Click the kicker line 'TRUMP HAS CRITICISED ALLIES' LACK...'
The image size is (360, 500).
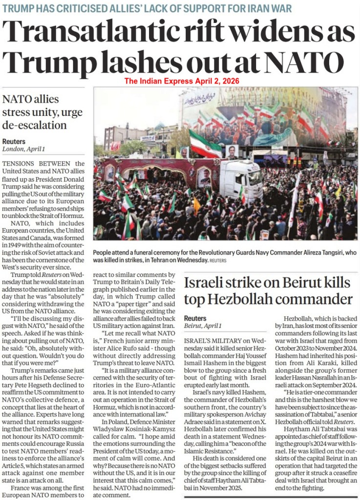point(147,8)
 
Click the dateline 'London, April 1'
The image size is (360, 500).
point(23,149)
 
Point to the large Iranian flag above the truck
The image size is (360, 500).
point(204,144)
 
